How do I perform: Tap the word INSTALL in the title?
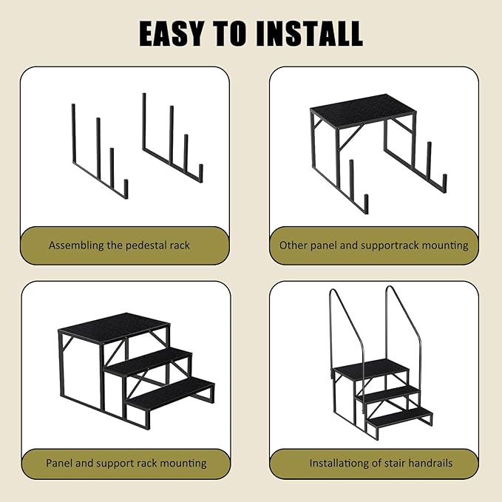[310, 33]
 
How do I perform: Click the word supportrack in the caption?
[389, 245]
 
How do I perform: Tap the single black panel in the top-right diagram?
[363, 111]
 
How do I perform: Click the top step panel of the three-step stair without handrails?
[115, 328]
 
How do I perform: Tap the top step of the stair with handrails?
[371, 368]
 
